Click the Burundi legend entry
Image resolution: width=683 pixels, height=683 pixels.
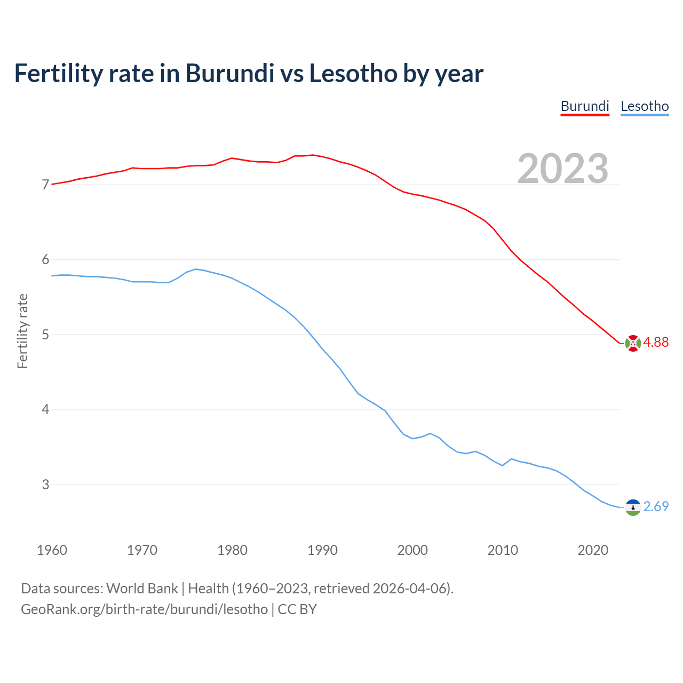[584, 106]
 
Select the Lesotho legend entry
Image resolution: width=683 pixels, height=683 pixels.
[645, 106]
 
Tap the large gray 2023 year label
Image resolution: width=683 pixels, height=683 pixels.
[563, 169]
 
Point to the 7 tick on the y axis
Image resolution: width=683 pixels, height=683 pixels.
[45, 185]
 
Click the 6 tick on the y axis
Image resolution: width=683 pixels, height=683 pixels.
[45, 260]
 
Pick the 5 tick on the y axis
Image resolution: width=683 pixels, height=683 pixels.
[45, 335]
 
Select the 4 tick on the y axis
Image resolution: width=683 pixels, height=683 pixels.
[45, 410]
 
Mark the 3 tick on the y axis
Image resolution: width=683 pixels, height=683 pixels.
[45, 485]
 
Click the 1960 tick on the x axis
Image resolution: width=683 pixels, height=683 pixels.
[52, 550]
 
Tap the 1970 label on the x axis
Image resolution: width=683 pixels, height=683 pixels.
[142, 550]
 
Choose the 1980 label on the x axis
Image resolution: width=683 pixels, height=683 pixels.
[232, 550]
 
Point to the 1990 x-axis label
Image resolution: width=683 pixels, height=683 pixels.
[322, 550]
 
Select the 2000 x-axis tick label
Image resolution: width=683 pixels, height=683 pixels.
[412, 550]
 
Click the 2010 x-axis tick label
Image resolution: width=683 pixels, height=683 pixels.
[503, 550]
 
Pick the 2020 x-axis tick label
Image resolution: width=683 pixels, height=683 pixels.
[593, 550]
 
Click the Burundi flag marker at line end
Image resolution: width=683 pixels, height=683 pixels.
[633, 343]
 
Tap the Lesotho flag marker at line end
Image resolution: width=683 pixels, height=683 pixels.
[633, 507]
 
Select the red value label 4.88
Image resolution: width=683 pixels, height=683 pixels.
[656, 343]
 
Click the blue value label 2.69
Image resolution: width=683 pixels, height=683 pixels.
[656, 507]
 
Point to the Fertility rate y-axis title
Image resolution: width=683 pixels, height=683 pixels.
[22, 331]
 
